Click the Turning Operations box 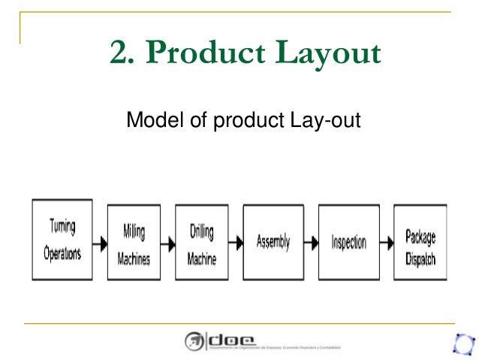tap(62, 240)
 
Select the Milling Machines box tap(134, 242)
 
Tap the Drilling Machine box tap(201, 242)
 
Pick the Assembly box tap(273, 242)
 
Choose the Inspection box tap(348, 242)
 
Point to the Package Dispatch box tap(420, 242)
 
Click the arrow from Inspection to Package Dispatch tap(386, 243)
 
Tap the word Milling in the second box tap(134, 231)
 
